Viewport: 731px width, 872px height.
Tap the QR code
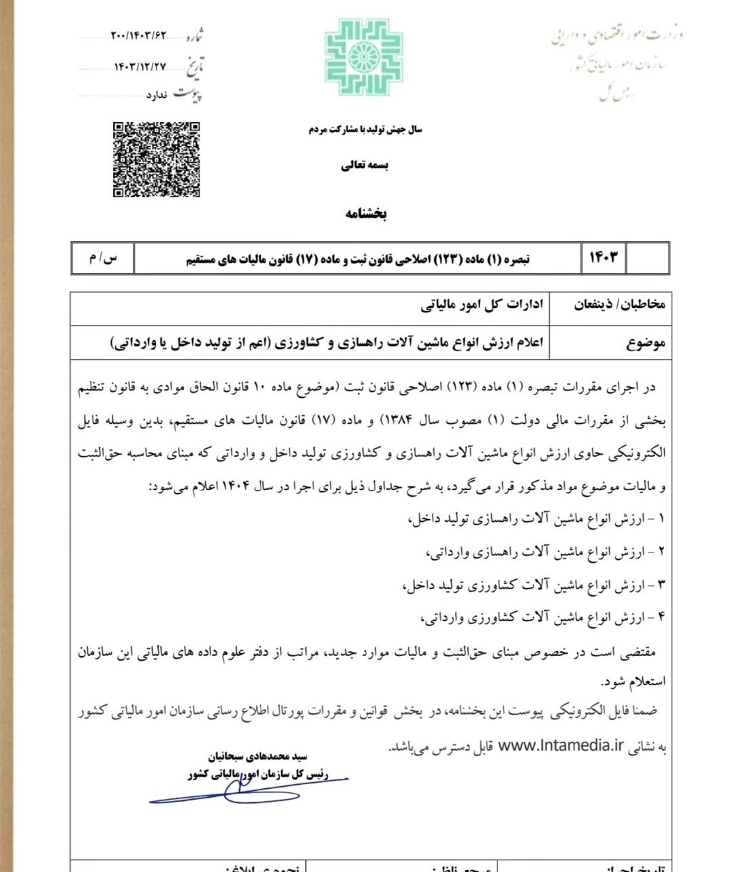pyautogui.click(x=156, y=159)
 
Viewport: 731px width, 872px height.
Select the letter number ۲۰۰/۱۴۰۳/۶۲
pyautogui.click(x=139, y=35)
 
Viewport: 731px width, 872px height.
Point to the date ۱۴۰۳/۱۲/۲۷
pyautogui.click(x=140, y=66)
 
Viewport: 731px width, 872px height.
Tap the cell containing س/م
pyautogui.click(x=103, y=258)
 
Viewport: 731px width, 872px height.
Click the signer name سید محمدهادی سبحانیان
pyautogui.click(x=258, y=756)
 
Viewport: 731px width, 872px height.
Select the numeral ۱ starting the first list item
pyautogui.click(x=660, y=519)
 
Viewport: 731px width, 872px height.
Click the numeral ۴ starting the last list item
pyautogui.click(x=660, y=618)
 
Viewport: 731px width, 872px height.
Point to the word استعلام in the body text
pyautogui.click(x=644, y=681)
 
